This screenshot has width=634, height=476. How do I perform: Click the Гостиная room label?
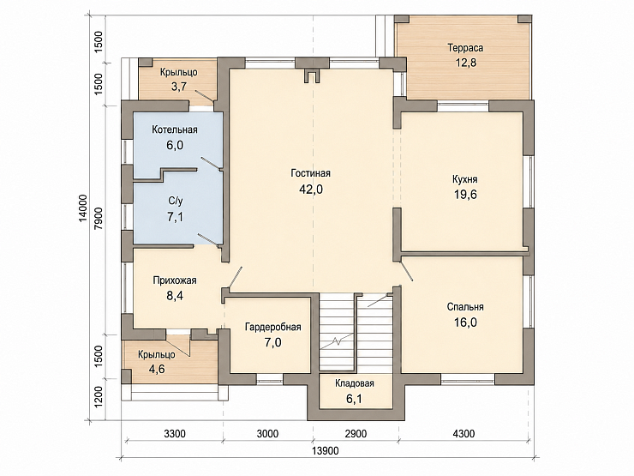click(x=310, y=173)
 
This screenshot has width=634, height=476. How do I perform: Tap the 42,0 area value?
click(x=311, y=190)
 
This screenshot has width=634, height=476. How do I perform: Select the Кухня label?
click(x=465, y=179)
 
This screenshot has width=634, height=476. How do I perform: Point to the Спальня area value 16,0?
click(x=465, y=322)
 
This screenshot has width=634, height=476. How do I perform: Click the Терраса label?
click(x=465, y=48)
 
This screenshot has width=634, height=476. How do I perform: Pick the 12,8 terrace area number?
click(x=466, y=63)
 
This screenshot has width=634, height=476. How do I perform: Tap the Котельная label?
click(x=175, y=130)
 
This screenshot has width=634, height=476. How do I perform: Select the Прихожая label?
click(x=175, y=280)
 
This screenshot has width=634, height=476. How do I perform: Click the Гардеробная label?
click(x=273, y=327)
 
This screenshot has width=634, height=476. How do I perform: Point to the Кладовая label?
click(x=355, y=383)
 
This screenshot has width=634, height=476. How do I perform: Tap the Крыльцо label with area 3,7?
click(x=179, y=72)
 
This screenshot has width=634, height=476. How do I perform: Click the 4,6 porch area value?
click(x=157, y=369)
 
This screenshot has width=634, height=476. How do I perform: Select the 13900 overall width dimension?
click(x=326, y=451)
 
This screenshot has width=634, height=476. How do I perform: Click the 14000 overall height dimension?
click(x=83, y=208)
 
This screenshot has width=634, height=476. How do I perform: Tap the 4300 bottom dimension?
click(x=464, y=434)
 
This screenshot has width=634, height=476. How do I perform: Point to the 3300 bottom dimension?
click(x=175, y=434)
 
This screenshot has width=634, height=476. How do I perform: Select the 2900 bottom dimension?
click(x=356, y=434)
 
